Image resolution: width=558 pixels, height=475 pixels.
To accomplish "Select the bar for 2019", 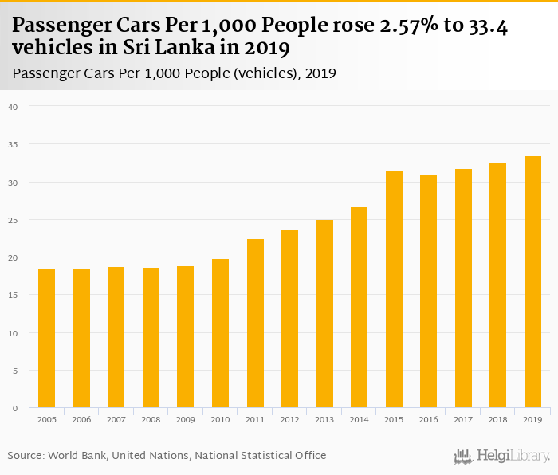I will [532, 282].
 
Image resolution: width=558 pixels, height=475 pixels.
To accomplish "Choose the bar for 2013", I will [324, 314].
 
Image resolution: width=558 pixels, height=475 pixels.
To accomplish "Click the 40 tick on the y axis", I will [13, 107].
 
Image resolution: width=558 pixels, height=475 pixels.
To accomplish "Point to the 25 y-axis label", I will [13, 220].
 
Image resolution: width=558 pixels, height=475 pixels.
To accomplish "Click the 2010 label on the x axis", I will [220, 419].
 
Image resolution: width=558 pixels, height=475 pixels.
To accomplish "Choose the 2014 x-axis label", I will [359, 419].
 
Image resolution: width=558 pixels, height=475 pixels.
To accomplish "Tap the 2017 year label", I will [463, 419].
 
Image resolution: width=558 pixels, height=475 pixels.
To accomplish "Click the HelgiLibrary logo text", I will [513, 456].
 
